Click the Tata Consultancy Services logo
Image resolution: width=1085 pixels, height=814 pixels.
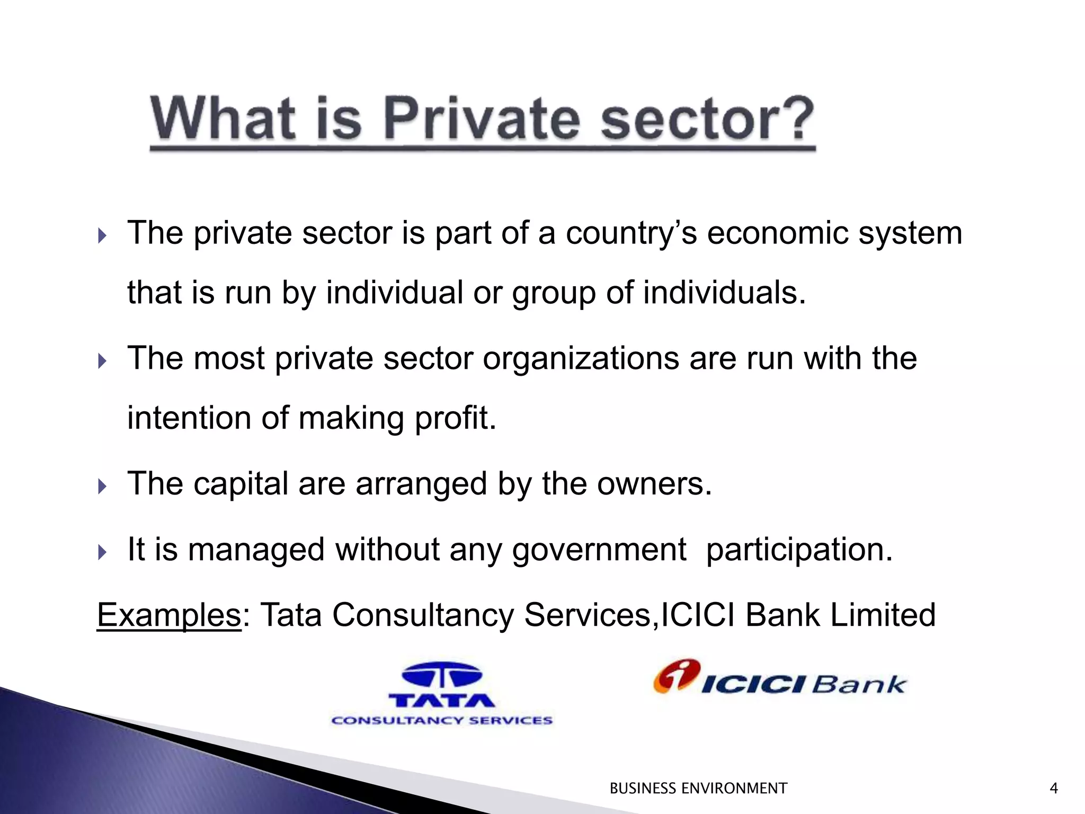pyautogui.click(x=442, y=694)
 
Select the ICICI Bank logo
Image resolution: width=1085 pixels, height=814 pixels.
pyautogui.click(x=780, y=679)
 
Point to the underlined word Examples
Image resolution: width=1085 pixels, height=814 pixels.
pyautogui.click(x=169, y=615)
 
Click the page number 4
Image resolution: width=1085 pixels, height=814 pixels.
pyautogui.click(x=1053, y=789)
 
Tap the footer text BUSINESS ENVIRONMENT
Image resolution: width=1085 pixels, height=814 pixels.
pyautogui.click(x=698, y=789)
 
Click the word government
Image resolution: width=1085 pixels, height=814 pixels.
pyautogui.click(x=599, y=550)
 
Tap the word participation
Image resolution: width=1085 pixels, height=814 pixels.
pyautogui.click(x=799, y=550)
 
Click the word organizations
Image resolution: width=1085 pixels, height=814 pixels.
pyautogui.click(x=581, y=358)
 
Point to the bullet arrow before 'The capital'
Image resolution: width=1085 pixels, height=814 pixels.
pyautogui.click(x=102, y=486)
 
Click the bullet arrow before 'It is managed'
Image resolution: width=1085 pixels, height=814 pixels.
pyautogui.click(x=102, y=552)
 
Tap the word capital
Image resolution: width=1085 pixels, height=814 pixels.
pyautogui.click(x=241, y=485)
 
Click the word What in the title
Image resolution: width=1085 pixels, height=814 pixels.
pyautogui.click(x=223, y=119)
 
